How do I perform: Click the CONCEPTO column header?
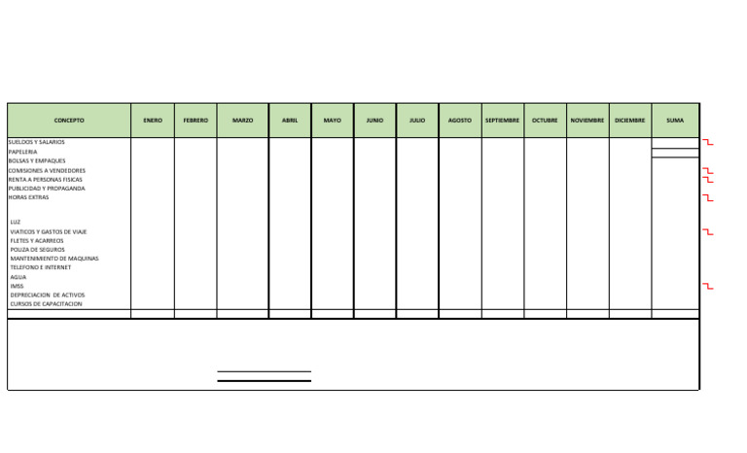[68, 121]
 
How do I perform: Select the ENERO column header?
[153, 121]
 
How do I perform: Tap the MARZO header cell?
[242, 121]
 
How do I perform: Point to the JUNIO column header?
[374, 121]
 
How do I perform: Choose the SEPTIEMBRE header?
[502, 121]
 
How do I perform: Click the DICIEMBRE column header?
[629, 121]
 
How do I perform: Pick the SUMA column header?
[675, 121]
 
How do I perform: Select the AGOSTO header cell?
[460, 121]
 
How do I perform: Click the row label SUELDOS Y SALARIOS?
[37, 143]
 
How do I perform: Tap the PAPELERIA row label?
[22, 152]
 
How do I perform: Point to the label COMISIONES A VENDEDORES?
[47, 170]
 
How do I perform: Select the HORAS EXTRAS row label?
[28, 197]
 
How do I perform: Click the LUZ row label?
[16, 222]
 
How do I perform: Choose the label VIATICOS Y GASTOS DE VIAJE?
[49, 231]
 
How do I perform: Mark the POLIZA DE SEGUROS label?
[38, 250]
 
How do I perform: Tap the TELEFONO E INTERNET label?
[41, 267]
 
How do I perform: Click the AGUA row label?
[18, 277]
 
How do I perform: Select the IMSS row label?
[17, 286]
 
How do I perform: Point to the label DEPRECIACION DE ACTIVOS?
[48, 295]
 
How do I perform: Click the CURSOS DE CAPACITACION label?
[47, 304]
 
